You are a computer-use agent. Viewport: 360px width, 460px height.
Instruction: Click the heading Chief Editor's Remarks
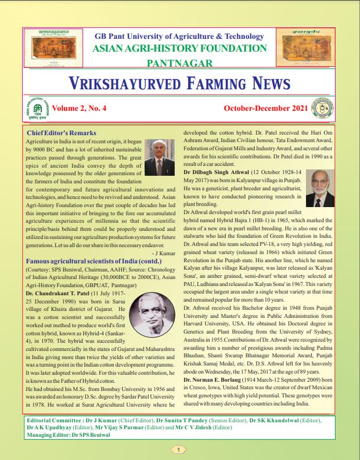tap(61, 133)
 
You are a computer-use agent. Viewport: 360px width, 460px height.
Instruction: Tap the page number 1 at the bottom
tap(179, 449)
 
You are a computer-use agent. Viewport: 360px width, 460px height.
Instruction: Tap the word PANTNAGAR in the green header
tap(179, 63)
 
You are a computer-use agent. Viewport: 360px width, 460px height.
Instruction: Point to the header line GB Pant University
tap(179, 35)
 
